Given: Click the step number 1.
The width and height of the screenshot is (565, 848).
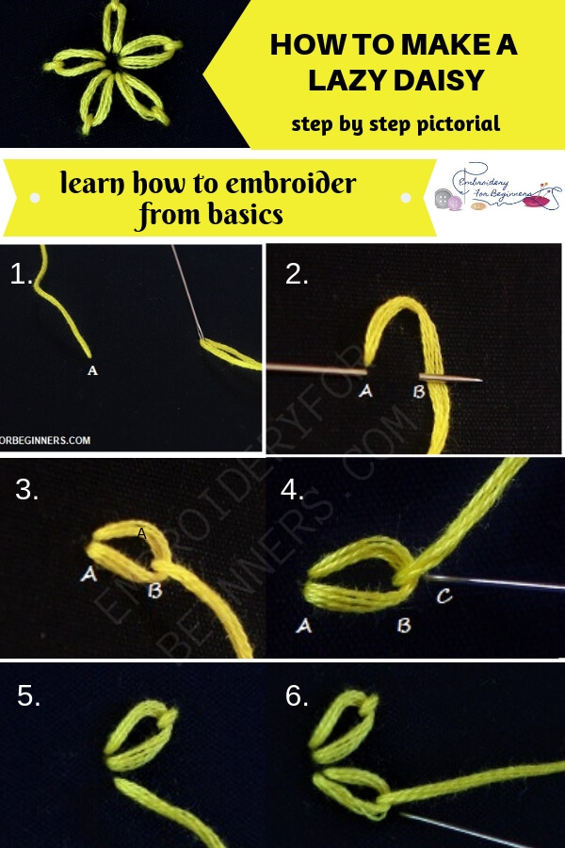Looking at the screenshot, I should point(22,274).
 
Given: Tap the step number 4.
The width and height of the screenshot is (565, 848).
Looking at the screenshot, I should point(293,490).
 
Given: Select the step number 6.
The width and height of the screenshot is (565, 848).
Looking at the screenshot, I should point(297,696).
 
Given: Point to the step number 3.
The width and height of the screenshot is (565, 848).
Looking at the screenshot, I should point(27,490).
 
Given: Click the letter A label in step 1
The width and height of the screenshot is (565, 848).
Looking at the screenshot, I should point(92,371).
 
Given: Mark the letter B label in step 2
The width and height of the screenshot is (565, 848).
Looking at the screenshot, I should point(419,391).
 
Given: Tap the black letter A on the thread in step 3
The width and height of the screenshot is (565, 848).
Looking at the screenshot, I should point(141,533).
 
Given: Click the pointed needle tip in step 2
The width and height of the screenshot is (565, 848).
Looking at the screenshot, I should point(479,381).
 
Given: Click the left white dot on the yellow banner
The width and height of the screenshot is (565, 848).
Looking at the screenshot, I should point(35,199).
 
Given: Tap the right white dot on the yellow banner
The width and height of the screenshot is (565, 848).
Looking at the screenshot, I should point(406,199).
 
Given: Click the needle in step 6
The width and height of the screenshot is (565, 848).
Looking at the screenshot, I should point(471,829).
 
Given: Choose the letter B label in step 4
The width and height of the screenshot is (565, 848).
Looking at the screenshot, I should point(403,625).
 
